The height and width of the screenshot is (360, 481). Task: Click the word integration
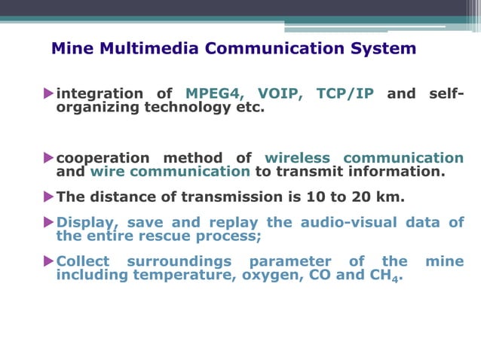pos(100,94)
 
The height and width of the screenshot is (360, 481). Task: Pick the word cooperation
pos(103,158)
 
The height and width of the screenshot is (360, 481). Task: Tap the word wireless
pos(297,158)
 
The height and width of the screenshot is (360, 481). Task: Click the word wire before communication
pos(106,172)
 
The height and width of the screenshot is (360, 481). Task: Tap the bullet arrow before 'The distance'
pos(49,198)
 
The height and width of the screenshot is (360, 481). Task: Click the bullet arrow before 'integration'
pos(49,94)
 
